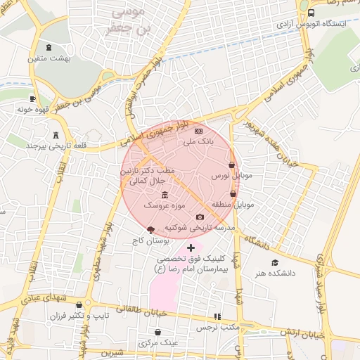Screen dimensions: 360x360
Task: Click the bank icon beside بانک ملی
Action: click(x=198, y=131)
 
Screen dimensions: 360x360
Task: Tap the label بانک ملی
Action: click(x=198, y=141)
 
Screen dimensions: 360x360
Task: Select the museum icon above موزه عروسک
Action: click(x=165, y=195)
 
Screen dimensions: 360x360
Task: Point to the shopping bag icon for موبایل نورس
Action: click(x=231, y=165)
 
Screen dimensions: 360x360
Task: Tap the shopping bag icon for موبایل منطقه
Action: click(x=233, y=193)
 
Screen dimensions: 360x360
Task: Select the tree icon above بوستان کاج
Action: click(x=150, y=230)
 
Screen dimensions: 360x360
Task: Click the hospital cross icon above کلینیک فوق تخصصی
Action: click(x=190, y=247)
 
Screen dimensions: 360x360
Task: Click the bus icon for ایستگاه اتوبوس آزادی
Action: click(x=311, y=13)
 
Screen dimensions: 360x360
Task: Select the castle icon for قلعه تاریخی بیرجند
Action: click(x=56, y=135)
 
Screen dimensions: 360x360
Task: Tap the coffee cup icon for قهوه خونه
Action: click(x=32, y=99)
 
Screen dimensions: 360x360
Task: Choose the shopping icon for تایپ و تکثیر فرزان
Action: click(x=79, y=305)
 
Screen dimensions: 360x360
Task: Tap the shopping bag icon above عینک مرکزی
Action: click(x=157, y=332)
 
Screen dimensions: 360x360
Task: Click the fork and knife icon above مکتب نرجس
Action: click(x=217, y=316)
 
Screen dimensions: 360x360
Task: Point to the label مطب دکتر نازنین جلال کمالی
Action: click(x=145, y=176)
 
